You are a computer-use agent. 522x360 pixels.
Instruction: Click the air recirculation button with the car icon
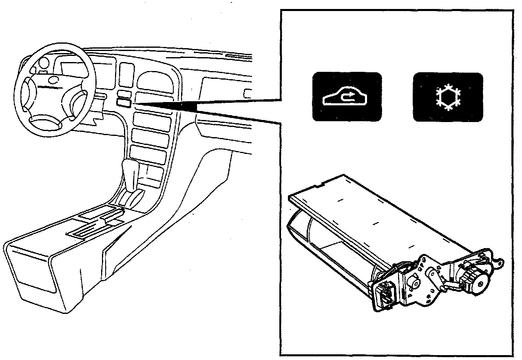coord(347,97)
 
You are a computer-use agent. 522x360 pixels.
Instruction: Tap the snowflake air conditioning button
coord(448,97)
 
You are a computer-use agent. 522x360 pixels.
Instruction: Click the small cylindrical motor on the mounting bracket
coord(414,282)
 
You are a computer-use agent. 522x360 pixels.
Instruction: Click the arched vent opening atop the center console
coord(153,82)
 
